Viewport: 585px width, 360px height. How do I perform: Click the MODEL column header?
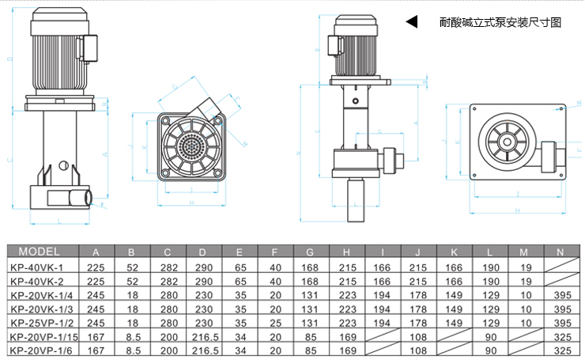point(40,252)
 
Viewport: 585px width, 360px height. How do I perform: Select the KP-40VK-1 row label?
point(40,267)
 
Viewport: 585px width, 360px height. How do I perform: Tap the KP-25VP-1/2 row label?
point(43,323)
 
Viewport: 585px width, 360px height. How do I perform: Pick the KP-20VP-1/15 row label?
point(44,336)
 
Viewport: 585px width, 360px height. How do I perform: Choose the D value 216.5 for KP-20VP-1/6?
point(204,350)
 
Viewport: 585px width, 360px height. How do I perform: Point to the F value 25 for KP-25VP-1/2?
point(274,323)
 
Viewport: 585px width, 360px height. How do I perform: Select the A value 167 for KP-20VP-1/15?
point(96,336)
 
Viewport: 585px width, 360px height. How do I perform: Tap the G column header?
point(309,252)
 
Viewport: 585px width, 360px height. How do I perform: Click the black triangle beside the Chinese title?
point(411,22)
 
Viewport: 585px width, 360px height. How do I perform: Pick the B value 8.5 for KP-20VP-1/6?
point(132,350)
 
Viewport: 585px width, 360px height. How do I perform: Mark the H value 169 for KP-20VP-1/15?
point(345,336)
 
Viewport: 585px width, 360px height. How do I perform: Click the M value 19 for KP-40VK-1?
point(525,267)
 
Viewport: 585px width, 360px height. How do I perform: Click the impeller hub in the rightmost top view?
point(505,142)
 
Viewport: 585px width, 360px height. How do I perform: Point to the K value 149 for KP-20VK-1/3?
point(454,309)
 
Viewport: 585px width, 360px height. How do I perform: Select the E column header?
point(240,252)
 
